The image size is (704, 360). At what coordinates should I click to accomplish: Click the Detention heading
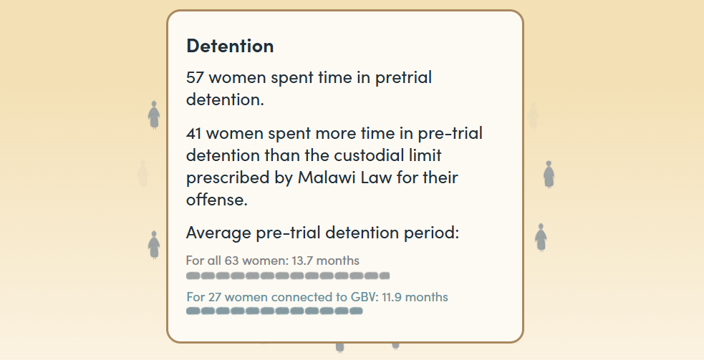click(230, 46)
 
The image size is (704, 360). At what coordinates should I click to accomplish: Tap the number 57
click(195, 77)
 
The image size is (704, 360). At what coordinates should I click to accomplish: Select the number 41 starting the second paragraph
click(193, 133)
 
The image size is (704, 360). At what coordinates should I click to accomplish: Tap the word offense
click(217, 199)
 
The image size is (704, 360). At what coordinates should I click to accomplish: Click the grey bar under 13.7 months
click(288, 276)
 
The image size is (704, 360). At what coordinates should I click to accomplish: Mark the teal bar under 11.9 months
click(274, 311)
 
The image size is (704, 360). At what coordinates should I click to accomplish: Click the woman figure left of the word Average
click(154, 245)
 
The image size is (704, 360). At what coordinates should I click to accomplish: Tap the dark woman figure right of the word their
click(549, 174)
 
